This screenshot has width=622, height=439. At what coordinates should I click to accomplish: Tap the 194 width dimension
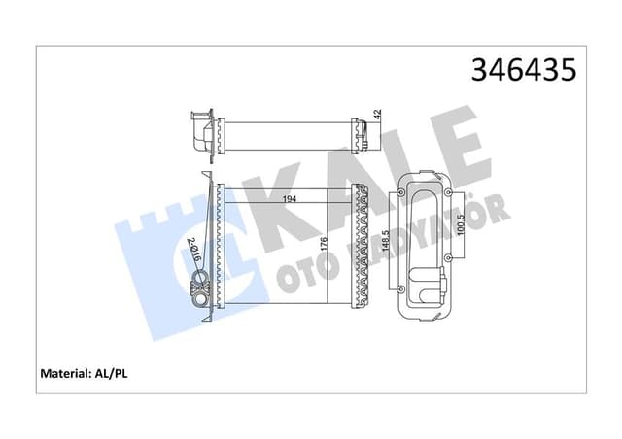tap(289, 199)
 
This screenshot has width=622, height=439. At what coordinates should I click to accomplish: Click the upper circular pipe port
tap(202, 284)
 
